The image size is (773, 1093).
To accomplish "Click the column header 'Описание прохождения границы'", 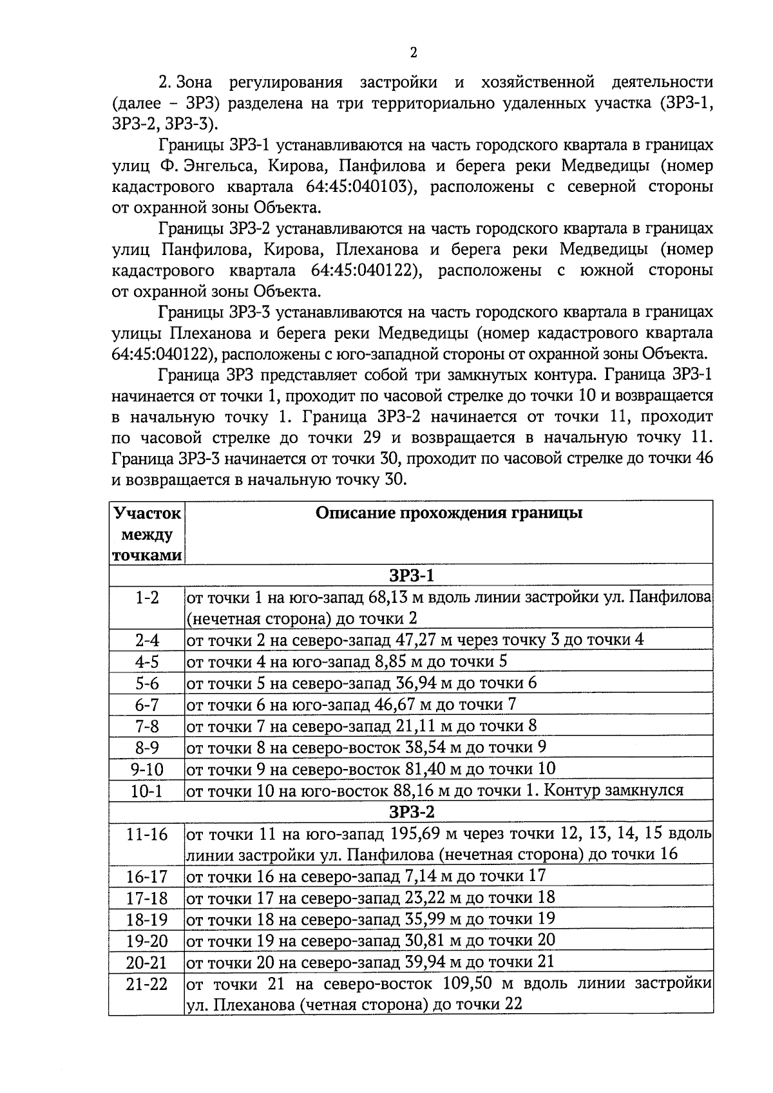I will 449,513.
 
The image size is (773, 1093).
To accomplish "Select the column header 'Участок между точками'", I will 147,534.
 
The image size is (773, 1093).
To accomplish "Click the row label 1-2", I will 147,597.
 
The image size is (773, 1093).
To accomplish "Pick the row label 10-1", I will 147,790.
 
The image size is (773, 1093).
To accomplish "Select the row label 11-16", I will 147,834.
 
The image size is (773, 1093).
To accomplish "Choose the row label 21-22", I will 147,985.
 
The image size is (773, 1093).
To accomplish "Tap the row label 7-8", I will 147,726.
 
